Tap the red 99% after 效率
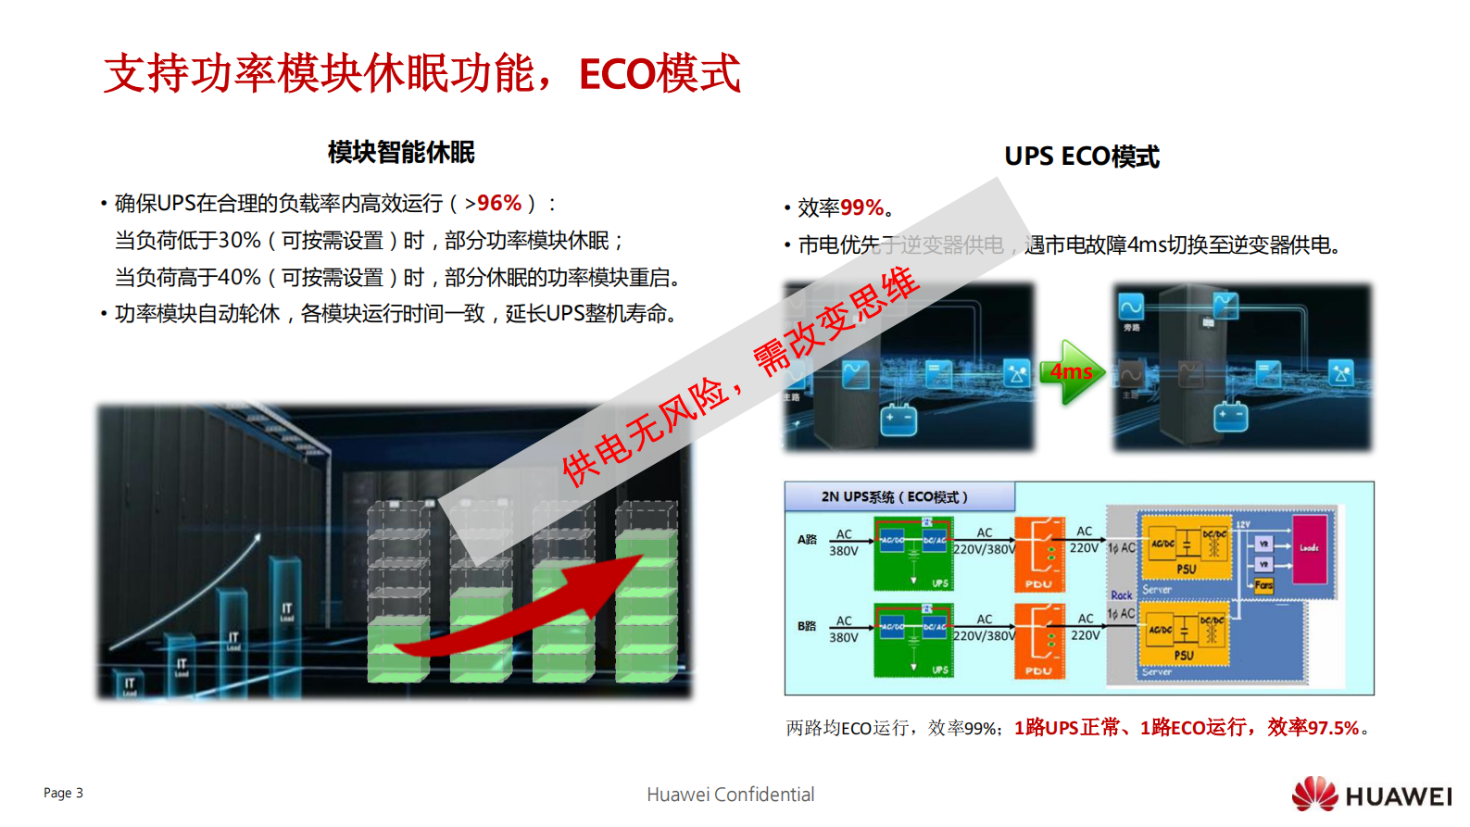click(x=861, y=208)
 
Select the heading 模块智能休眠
click(x=401, y=153)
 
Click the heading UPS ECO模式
click(x=1081, y=157)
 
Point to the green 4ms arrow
click(x=1072, y=371)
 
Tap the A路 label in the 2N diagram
click(x=807, y=539)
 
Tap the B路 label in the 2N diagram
click(x=807, y=626)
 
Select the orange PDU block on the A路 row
click(x=1039, y=554)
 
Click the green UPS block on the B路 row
click(x=913, y=640)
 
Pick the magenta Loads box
click(x=1309, y=548)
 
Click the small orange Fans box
click(x=1264, y=585)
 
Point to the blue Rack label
click(x=1121, y=595)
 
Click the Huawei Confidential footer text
click(x=730, y=795)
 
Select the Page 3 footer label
click(x=63, y=793)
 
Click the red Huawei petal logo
click(x=1314, y=795)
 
